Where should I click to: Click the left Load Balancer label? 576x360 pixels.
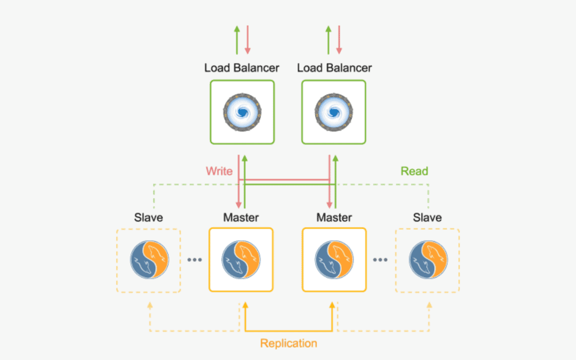tap(242, 68)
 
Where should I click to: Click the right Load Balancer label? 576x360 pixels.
tap(334, 68)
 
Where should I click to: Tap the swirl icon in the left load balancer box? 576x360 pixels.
tap(242, 112)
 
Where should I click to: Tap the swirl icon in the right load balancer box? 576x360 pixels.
tap(334, 112)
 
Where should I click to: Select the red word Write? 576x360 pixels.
tap(219, 171)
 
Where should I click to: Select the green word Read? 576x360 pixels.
tap(414, 171)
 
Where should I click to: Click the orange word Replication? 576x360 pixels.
tap(289, 343)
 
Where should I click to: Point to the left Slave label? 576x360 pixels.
tap(148, 218)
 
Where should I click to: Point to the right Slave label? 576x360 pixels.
tap(427, 218)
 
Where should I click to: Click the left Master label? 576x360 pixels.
tap(241, 218)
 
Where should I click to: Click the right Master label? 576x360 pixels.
tap(334, 218)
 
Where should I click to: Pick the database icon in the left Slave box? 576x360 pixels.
tap(149, 260)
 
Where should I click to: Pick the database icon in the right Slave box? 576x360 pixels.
tap(428, 260)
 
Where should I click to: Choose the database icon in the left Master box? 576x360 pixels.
tap(241, 260)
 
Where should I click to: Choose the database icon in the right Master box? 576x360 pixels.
tap(334, 260)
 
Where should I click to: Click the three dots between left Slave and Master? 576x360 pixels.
tap(195, 260)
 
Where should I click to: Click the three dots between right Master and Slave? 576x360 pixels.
tap(380, 260)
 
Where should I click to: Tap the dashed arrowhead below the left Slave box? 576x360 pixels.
tap(149, 306)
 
